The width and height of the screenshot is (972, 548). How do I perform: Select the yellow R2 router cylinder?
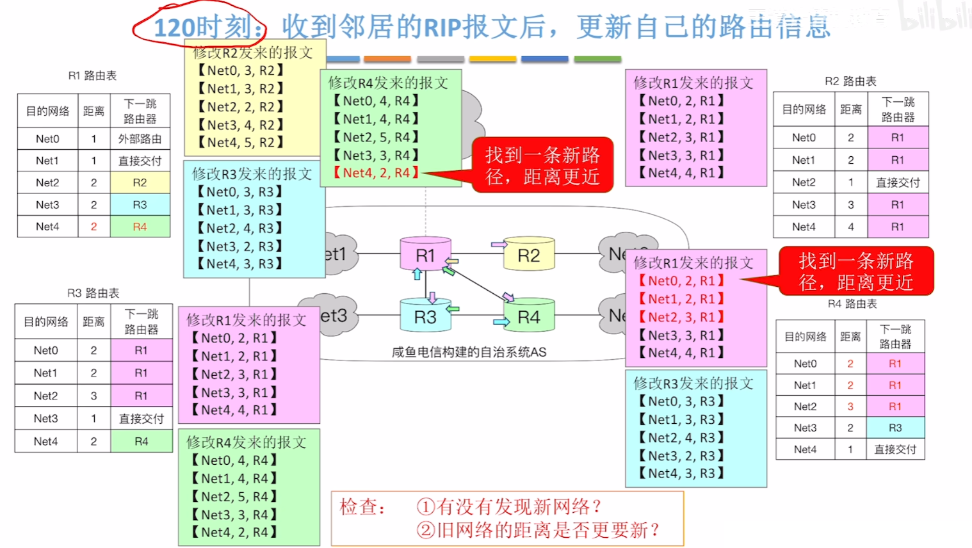(x=528, y=255)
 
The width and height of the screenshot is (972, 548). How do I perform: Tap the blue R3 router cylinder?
(x=425, y=316)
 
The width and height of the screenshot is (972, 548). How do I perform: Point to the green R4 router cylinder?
(x=528, y=316)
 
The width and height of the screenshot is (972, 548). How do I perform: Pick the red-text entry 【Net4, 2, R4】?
(x=376, y=173)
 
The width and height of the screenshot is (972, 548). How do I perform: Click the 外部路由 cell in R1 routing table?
(x=140, y=139)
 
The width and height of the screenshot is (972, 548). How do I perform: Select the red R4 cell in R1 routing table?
(x=140, y=227)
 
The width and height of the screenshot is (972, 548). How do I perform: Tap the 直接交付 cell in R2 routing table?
(x=898, y=182)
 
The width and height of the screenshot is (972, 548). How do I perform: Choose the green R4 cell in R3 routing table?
(x=141, y=441)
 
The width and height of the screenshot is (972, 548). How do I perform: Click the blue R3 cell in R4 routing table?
(x=895, y=428)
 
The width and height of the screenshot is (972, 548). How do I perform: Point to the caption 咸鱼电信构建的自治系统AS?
(x=469, y=352)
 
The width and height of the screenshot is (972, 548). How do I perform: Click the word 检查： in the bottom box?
(x=362, y=507)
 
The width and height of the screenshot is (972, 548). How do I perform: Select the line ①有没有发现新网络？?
(x=509, y=507)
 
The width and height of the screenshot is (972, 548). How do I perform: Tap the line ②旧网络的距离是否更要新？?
(x=538, y=530)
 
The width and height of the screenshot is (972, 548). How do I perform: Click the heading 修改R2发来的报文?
(x=252, y=52)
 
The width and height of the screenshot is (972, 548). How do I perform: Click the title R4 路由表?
(x=852, y=303)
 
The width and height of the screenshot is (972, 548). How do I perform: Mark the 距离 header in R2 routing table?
(x=850, y=109)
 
